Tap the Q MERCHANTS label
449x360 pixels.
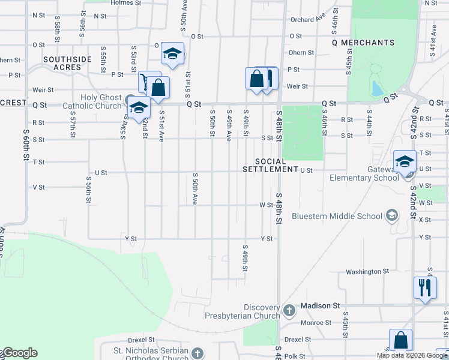(x=363, y=43)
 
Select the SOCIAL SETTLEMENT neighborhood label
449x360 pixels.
(x=270, y=166)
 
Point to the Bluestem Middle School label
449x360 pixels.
(x=336, y=216)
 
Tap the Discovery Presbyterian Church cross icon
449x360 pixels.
(x=289, y=310)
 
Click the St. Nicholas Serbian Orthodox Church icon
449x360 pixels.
(x=199, y=354)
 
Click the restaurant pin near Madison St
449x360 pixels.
(x=424, y=288)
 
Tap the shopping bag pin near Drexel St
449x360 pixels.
(x=400, y=341)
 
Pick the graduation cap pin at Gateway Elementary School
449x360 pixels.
(x=405, y=161)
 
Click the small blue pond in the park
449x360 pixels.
(x=377, y=89)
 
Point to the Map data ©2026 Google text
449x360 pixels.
(x=412, y=355)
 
